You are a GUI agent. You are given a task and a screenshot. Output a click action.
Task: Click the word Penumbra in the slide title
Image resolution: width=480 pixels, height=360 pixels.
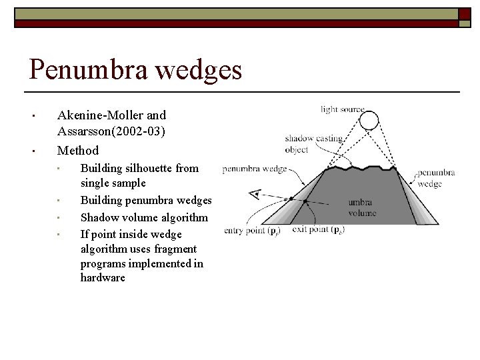tap(83, 69)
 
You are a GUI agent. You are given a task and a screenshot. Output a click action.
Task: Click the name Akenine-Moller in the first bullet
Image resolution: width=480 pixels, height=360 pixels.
tap(112, 115)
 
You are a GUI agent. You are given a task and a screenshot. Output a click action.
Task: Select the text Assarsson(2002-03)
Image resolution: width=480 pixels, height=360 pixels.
tap(111, 132)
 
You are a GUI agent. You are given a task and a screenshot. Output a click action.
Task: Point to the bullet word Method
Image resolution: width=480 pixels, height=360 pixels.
tap(78, 151)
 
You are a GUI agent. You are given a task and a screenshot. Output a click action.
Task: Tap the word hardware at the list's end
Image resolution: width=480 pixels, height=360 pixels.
tap(103, 277)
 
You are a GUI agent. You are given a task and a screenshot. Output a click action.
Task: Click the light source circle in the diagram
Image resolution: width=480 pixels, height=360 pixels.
tap(369, 120)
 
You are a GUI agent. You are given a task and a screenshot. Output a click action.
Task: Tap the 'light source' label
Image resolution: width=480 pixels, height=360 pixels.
tap(342, 109)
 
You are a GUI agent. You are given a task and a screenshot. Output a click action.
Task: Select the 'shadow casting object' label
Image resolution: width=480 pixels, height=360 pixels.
tap(313, 144)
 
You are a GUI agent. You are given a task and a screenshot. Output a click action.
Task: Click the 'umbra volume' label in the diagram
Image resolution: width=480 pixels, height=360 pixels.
tap(362, 208)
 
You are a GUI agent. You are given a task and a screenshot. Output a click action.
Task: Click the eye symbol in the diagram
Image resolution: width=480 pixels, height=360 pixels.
tap(254, 194)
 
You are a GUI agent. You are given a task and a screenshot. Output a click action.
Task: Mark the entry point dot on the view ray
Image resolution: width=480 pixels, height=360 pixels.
tap(291, 199)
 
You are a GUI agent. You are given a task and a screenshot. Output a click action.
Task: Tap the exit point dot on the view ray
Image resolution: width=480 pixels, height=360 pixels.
tap(305, 201)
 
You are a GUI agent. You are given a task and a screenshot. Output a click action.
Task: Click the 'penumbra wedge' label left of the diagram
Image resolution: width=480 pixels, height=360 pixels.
tap(254, 169)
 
